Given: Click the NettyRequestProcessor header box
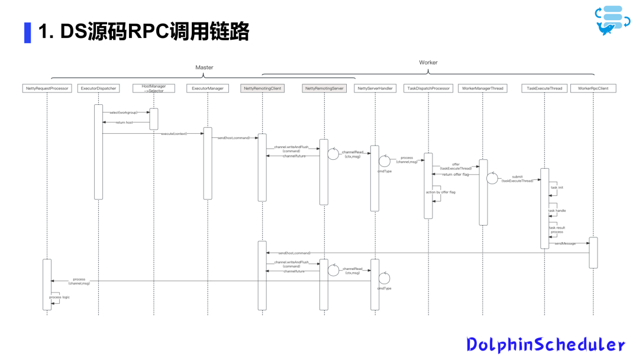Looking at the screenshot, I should click(x=47, y=88).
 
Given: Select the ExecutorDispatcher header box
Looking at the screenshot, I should click(x=98, y=88).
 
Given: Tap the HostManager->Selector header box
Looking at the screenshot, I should click(x=153, y=88).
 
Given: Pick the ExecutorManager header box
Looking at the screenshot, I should click(x=208, y=88).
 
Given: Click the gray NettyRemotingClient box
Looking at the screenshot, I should click(x=262, y=88).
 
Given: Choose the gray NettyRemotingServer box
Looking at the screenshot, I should click(x=324, y=88).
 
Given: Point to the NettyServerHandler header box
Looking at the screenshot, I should click(x=375, y=88).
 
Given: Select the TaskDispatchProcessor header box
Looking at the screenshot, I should click(x=428, y=88).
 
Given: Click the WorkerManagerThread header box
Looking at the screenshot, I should click(x=482, y=88).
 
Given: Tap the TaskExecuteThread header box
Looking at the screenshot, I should click(x=544, y=88).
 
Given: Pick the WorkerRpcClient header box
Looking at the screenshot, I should click(x=593, y=88).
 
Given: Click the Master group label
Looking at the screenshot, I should click(x=204, y=67).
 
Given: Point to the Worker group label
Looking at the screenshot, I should click(x=428, y=62).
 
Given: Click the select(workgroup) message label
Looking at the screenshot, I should click(x=123, y=112).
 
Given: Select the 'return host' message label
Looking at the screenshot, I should click(x=124, y=123).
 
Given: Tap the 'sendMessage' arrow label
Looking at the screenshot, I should click(x=565, y=243).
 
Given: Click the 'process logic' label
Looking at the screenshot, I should click(x=59, y=297).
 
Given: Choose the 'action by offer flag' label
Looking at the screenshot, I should click(x=440, y=192).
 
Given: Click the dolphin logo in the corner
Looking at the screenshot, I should click(x=612, y=21).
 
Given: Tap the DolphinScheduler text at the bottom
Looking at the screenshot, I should click(x=545, y=345).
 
